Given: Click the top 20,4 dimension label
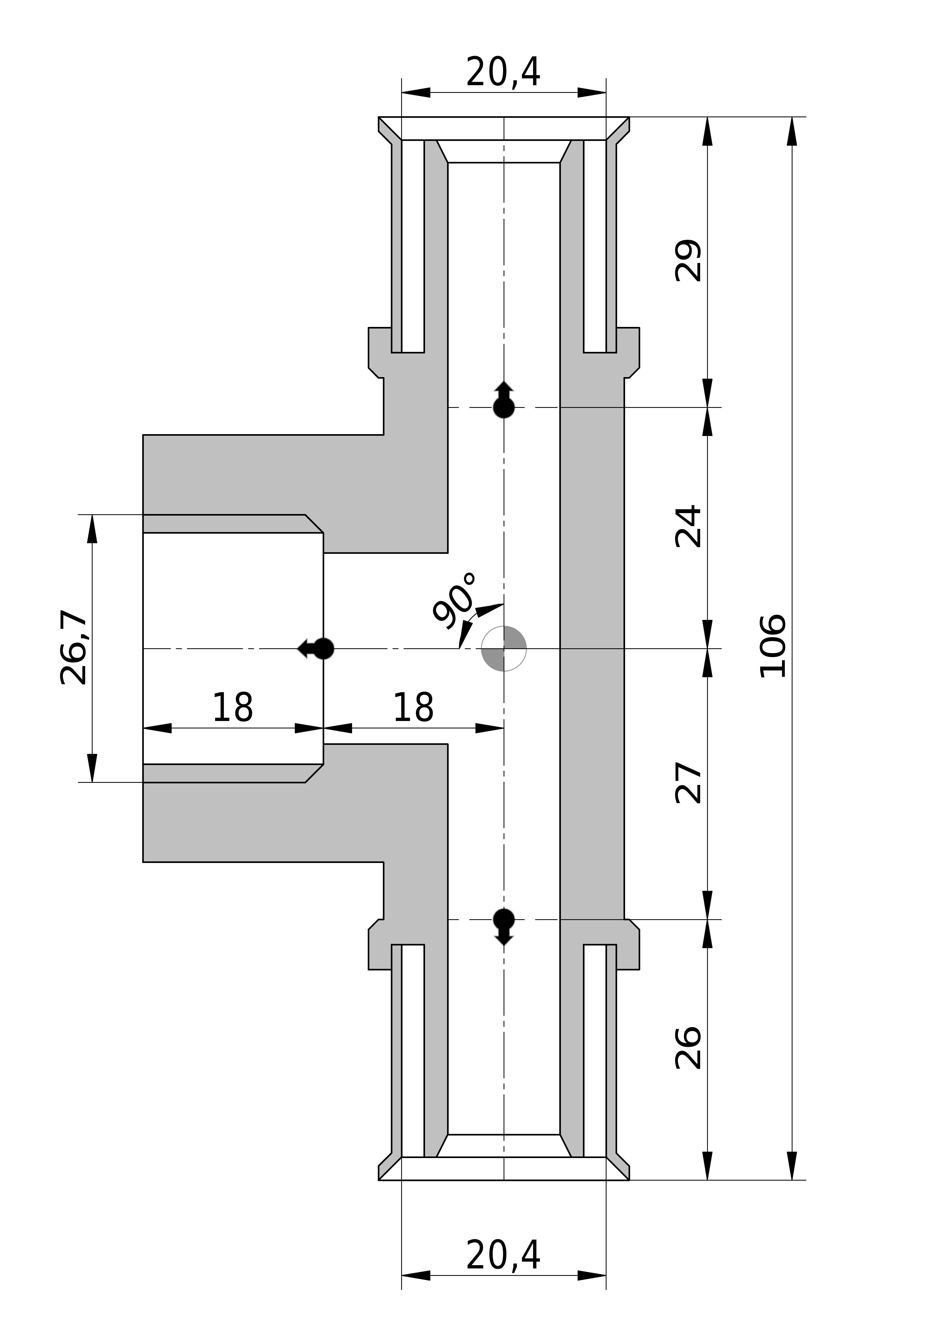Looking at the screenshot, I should coord(503,73).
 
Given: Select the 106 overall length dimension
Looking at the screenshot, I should coord(772,646).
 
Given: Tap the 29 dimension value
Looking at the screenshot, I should coord(688,261).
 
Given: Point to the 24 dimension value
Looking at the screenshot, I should coord(688,526).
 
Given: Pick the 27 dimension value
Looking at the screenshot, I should coord(688,783).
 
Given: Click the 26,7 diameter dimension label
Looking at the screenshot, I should coord(74,648).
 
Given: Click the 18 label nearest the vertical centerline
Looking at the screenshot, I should coord(413,709).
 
